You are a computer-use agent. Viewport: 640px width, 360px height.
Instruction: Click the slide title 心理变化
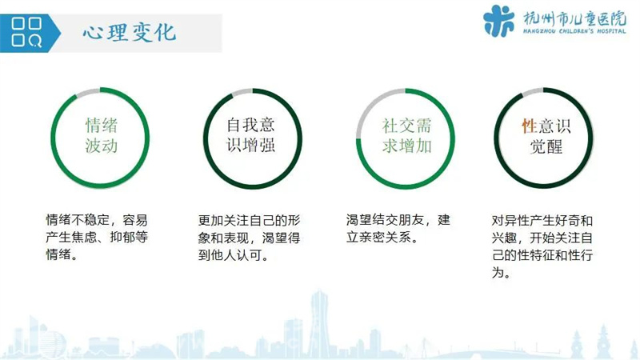coord(130,33)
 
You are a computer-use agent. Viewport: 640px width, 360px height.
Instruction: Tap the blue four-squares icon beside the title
coord(26,32)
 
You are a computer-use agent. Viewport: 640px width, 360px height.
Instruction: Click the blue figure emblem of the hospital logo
coord(498,21)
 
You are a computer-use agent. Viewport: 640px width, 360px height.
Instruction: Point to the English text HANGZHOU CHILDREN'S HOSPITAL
coord(574,31)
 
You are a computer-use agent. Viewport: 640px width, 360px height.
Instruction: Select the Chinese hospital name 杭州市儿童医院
coord(574,18)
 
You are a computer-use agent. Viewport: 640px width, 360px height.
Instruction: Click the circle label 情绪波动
coord(102,135)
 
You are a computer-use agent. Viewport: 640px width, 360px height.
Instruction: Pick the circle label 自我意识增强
coord(250,134)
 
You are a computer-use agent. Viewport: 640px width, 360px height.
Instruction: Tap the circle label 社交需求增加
coord(406,136)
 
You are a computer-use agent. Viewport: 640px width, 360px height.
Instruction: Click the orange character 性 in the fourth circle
coord(530,126)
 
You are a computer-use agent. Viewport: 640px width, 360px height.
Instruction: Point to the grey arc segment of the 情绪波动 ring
coord(87,91)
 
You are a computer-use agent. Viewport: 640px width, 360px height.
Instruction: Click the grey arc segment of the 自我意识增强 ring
coord(242,92)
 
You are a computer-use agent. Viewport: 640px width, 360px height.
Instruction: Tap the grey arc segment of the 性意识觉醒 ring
coord(532,91)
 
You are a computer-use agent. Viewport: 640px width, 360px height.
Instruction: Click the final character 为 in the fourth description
coord(498,272)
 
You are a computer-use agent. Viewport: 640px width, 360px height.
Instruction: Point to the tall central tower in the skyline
coord(319,322)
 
